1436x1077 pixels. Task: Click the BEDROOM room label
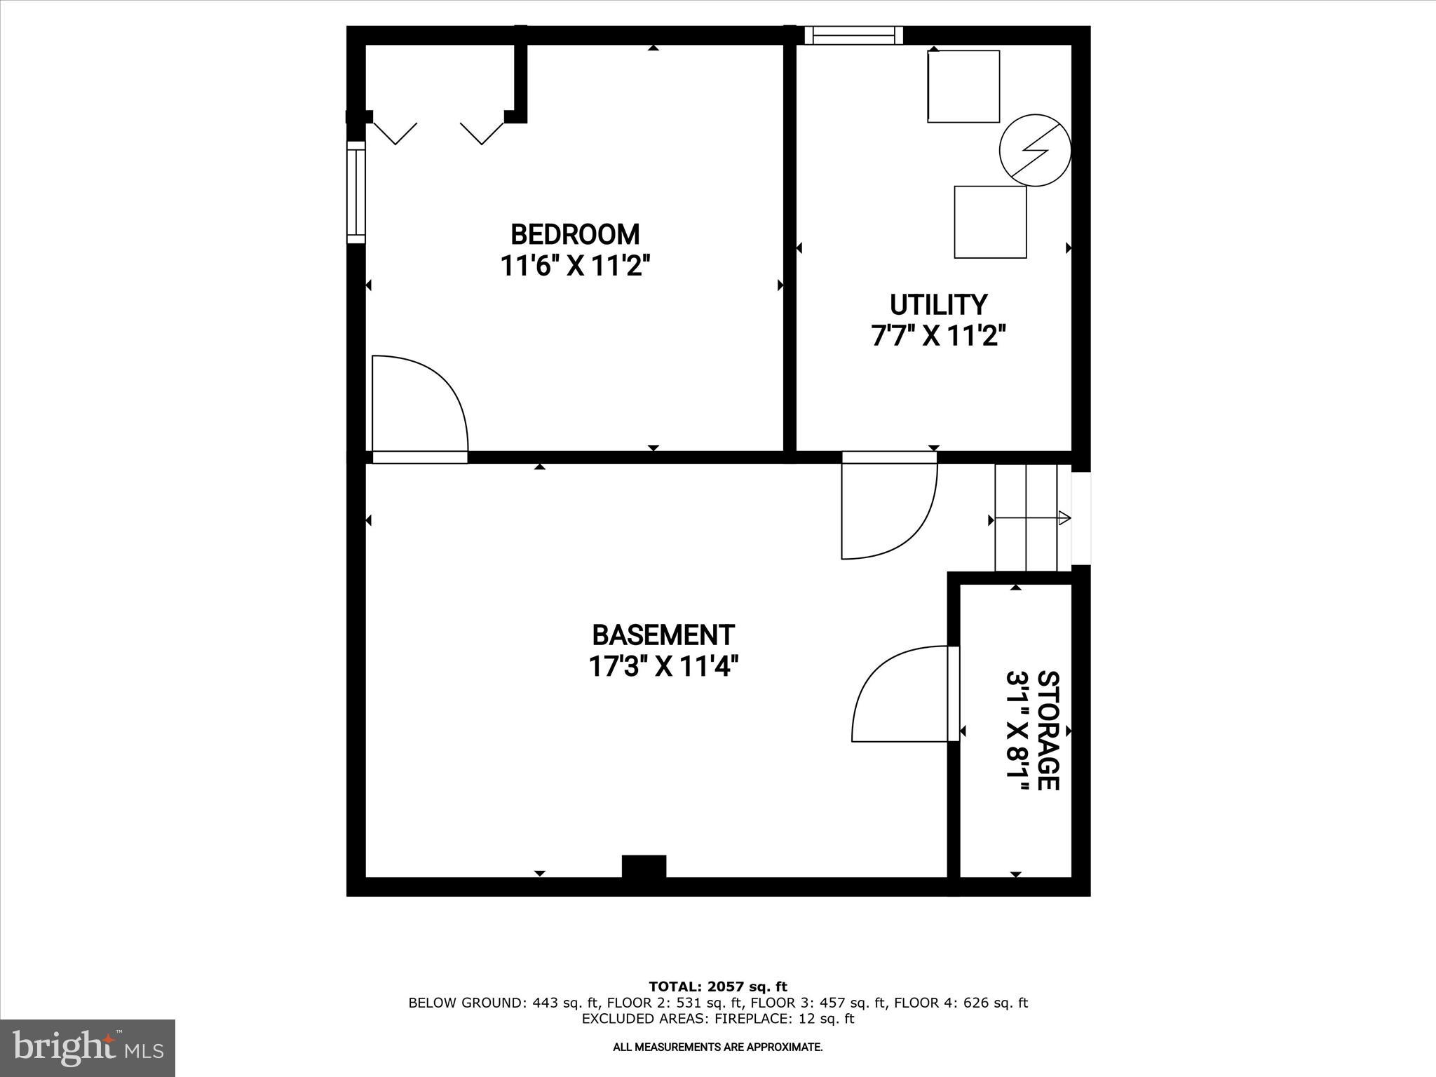click(x=575, y=234)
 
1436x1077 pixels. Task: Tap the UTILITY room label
click(x=938, y=305)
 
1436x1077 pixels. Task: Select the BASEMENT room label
click(x=663, y=635)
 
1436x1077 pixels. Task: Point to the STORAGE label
click(x=1048, y=730)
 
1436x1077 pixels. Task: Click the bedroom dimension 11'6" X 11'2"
click(x=575, y=266)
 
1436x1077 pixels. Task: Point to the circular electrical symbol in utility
click(x=1035, y=150)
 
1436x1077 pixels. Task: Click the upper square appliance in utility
click(x=963, y=86)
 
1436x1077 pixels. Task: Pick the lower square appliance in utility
click(x=990, y=222)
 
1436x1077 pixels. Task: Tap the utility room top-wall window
click(x=853, y=35)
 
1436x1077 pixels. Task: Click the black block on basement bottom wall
click(x=644, y=867)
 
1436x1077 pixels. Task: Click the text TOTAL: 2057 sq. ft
click(x=717, y=987)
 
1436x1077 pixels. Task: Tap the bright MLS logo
click(x=88, y=1048)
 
